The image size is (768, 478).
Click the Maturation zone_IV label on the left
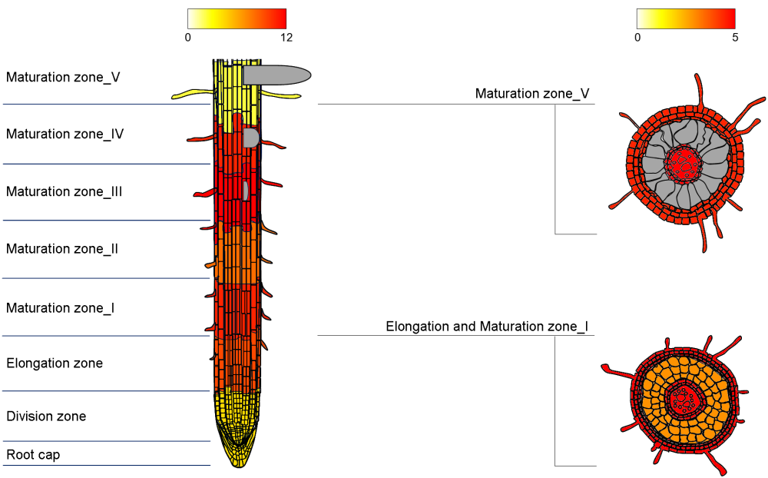(x=65, y=134)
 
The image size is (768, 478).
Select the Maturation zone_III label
(x=64, y=191)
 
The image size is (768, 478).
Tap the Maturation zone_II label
(x=61, y=249)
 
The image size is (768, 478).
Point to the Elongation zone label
(x=55, y=363)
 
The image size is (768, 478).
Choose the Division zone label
(x=46, y=417)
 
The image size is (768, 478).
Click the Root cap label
(x=33, y=455)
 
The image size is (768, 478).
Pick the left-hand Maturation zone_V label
(x=63, y=77)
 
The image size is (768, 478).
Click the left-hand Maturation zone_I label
(x=60, y=307)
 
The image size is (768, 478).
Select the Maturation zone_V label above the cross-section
(x=532, y=94)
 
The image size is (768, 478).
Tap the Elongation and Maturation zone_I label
(x=487, y=327)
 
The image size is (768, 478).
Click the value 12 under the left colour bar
(x=286, y=37)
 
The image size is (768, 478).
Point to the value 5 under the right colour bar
(x=735, y=37)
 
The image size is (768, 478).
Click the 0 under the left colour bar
(x=188, y=37)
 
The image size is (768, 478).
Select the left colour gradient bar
(x=237, y=18)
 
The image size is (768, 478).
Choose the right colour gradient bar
(x=686, y=18)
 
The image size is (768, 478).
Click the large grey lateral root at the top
(x=276, y=75)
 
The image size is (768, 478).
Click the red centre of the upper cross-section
(x=680, y=163)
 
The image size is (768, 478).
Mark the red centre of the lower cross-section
(x=680, y=398)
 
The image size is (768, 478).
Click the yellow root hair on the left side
(x=192, y=95)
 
